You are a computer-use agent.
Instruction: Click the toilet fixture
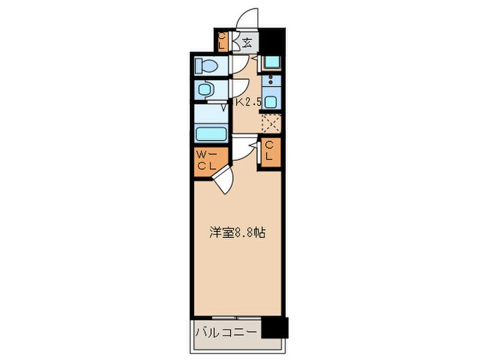pos(206,66)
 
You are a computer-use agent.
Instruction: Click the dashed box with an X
pos(271,124)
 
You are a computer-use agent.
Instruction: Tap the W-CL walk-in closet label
pos(207,160)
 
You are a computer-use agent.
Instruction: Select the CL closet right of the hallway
pos(269,150)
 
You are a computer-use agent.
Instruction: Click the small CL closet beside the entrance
pos(223,42)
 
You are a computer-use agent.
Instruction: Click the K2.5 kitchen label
pos(249,103)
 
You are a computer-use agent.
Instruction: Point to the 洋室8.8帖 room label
pos(237,233)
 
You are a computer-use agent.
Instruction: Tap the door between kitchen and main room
pos(243,146)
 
